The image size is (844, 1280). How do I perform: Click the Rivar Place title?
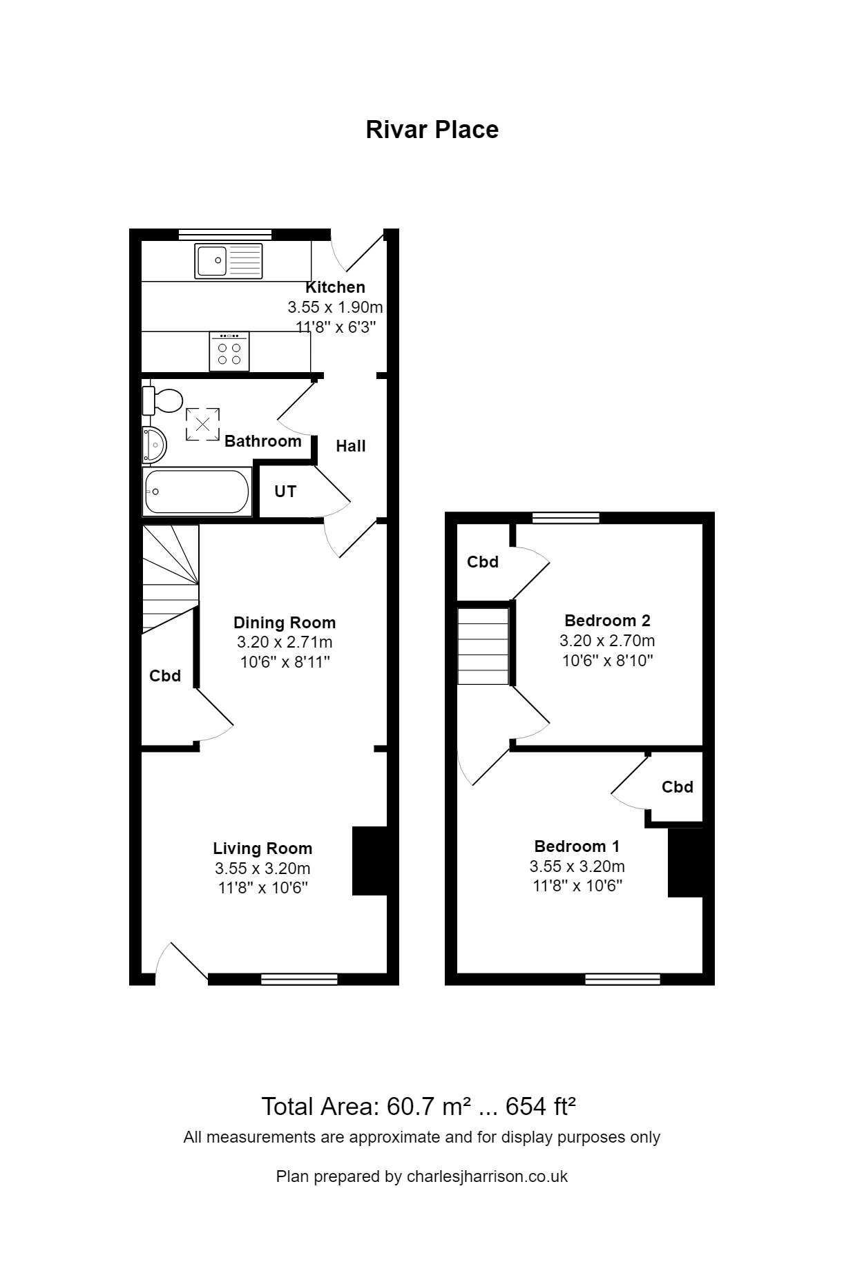click(x=432, y=130)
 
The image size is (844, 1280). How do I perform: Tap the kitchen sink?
click(x=229, y=261)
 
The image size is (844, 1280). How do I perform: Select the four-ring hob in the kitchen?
click(x=229, y=351)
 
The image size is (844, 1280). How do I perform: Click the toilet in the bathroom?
click(x=163, y=400)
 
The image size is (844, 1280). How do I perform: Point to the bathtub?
click(x=197, y=492)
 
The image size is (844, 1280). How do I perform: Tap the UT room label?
click(x=285, y=492)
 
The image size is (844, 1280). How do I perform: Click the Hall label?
click(x=351, y=446)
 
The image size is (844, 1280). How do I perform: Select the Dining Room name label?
click(x=285, y=623)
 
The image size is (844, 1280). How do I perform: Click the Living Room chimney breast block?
click(x=370, y=861)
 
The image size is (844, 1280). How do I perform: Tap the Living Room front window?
click(x=299, y=978)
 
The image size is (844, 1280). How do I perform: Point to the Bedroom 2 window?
click(x=566, y=518)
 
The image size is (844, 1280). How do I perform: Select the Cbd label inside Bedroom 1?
click(x=677, y=787)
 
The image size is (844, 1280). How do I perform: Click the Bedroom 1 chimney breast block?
click(x=685, y=862)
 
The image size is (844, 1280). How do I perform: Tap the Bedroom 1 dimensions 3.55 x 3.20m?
click(x=577, y=866)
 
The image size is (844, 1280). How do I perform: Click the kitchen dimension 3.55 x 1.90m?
click(x=335, y=307)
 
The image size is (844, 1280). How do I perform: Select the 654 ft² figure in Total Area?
click(x=541, y=1107)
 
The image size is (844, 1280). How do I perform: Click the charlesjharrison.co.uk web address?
click(x=487, y=1176)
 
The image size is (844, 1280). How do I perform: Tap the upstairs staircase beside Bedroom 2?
click(x=483, y=646)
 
